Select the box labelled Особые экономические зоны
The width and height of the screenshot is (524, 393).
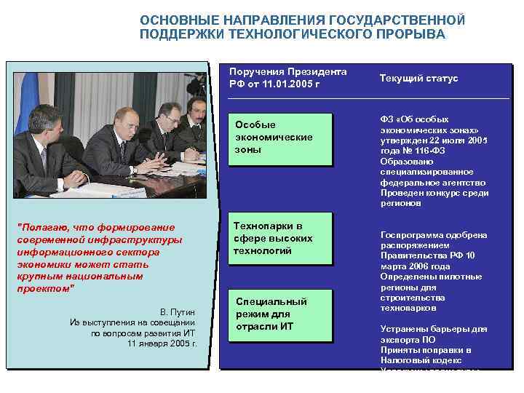coord(279,138)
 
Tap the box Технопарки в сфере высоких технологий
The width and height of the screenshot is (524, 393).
coord(279,238)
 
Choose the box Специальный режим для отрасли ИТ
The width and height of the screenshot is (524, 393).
coord(279,314)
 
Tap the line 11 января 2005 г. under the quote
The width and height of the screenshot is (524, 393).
coord(162,343)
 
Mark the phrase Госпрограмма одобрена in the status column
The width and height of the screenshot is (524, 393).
coord(434,235)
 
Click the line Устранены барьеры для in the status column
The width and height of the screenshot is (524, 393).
coord(434,329)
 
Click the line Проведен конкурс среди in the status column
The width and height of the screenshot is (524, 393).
coord(434,193)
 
